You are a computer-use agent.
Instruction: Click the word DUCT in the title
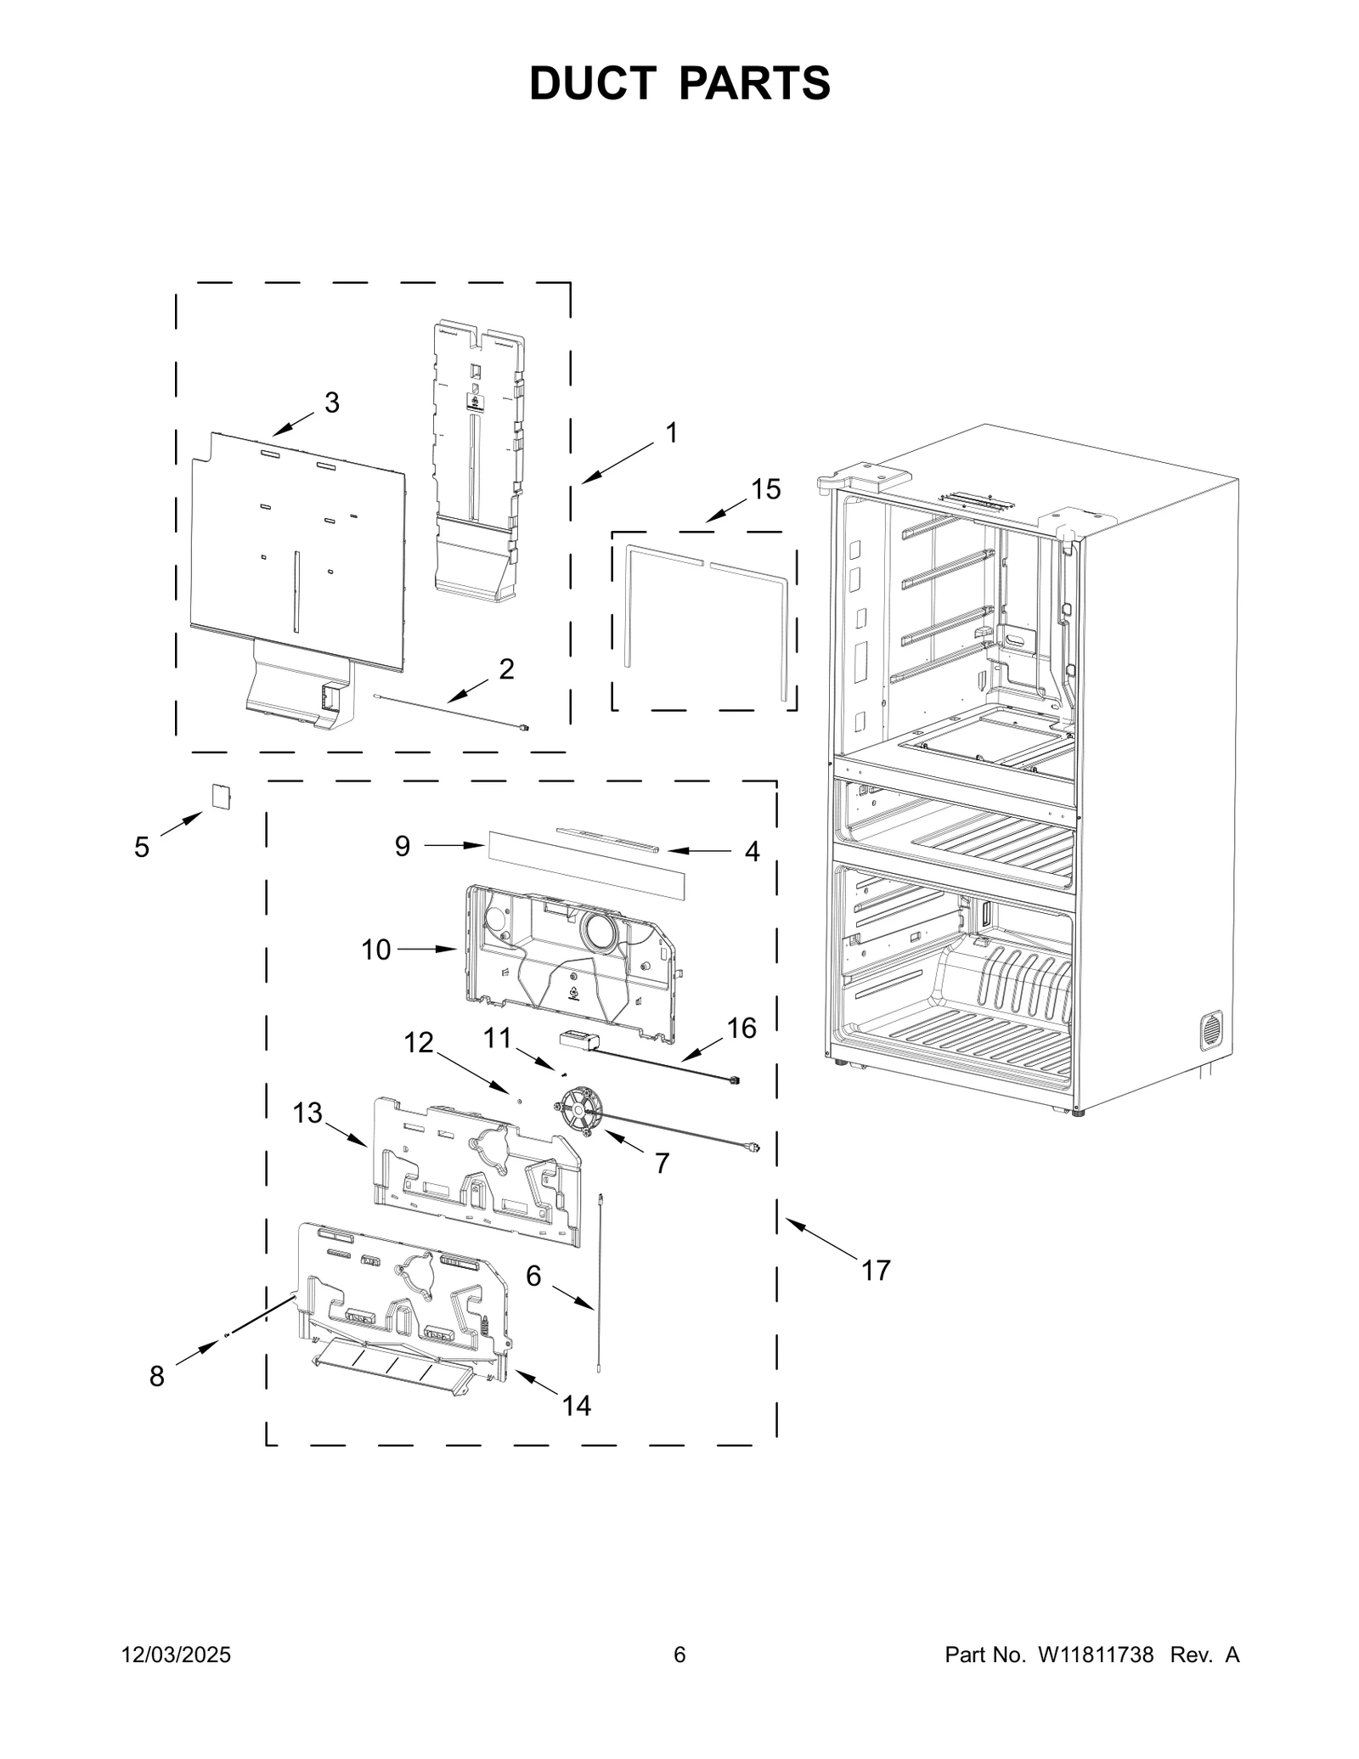tap(591, 83)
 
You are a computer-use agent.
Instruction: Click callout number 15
tap(765, 489)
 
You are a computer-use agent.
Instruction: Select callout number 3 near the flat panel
tap(332, 403)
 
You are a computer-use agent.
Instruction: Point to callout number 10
tap(376, 950)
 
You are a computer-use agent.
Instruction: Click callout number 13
tap(307, 1113)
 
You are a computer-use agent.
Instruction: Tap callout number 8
tap(157, 1377)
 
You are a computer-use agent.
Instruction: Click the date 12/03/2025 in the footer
tap(177, 1655)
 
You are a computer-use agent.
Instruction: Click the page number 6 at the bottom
tap(679, 1655)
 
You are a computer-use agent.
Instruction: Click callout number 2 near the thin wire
tap(506, 669)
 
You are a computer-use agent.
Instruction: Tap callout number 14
tap(577, 1406)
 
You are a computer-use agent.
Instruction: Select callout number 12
tap(419, 1042)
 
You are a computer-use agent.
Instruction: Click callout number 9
tap(403, 846)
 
